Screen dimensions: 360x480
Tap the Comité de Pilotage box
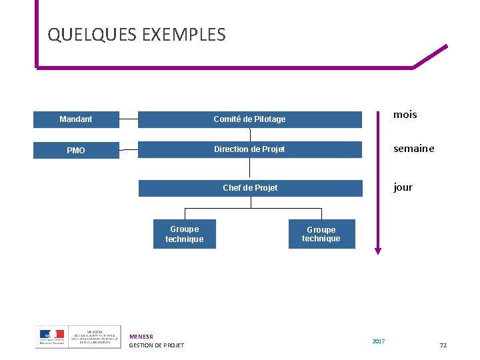(250, 119)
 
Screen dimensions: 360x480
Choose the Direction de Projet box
(250, 149)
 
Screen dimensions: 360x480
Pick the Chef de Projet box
(251, 188)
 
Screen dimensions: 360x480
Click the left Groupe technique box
(185, 234)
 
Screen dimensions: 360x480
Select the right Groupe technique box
(321, 234)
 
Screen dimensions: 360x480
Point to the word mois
(405, 115)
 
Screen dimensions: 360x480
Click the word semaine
(413, 149)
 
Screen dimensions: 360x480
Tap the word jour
(403, 187)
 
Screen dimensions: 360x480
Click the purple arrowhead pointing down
(378, 251)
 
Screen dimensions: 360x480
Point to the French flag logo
(51, 335)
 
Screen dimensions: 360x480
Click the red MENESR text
(141, 337)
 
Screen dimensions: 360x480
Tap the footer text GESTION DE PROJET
(156, 345)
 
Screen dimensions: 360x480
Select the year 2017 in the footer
(378, 342)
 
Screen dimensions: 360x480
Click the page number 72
(443, 345)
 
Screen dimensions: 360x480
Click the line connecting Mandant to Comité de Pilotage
(129, 119)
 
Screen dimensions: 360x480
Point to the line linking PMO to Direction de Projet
(129, 150)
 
